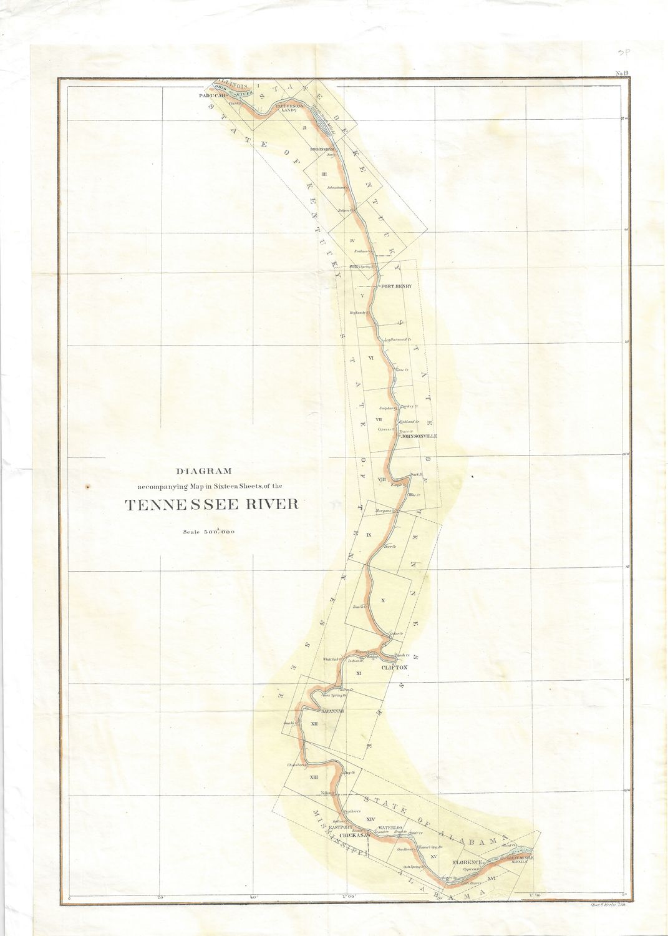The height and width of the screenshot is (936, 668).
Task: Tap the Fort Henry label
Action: tap(397, 286)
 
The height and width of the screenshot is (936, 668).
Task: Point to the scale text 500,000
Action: tap(215, 532)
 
